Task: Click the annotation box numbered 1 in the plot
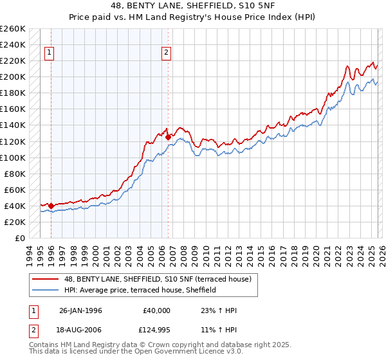coord(50,53)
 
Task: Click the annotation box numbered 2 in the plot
coord(166,53)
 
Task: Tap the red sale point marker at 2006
coord(168,137)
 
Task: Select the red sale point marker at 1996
coord(51,206)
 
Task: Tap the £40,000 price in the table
coord(157,310)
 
